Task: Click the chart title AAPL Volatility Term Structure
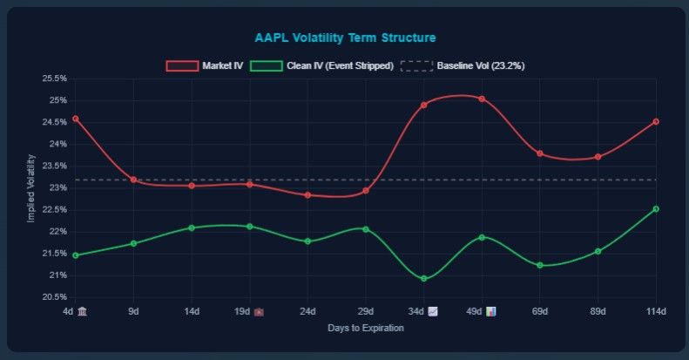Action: click(345, 37)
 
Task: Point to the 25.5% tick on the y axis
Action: click(54, 78)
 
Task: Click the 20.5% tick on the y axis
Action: click(54, 297)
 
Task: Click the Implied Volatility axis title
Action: click(30, 187)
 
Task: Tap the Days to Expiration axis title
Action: click(366, 329)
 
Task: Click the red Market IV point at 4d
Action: click(75, 119)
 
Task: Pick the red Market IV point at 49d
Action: click(482, 98)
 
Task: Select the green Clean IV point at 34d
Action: click(423, 279)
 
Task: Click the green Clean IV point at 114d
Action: click(656, 209)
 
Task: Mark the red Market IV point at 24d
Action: click(307, 195)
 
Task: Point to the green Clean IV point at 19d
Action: click(249, 227)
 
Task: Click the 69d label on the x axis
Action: click(540, 311)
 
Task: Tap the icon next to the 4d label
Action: click(83, 311)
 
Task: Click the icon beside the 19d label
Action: click(259, 311)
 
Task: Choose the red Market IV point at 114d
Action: click(656, 121)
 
